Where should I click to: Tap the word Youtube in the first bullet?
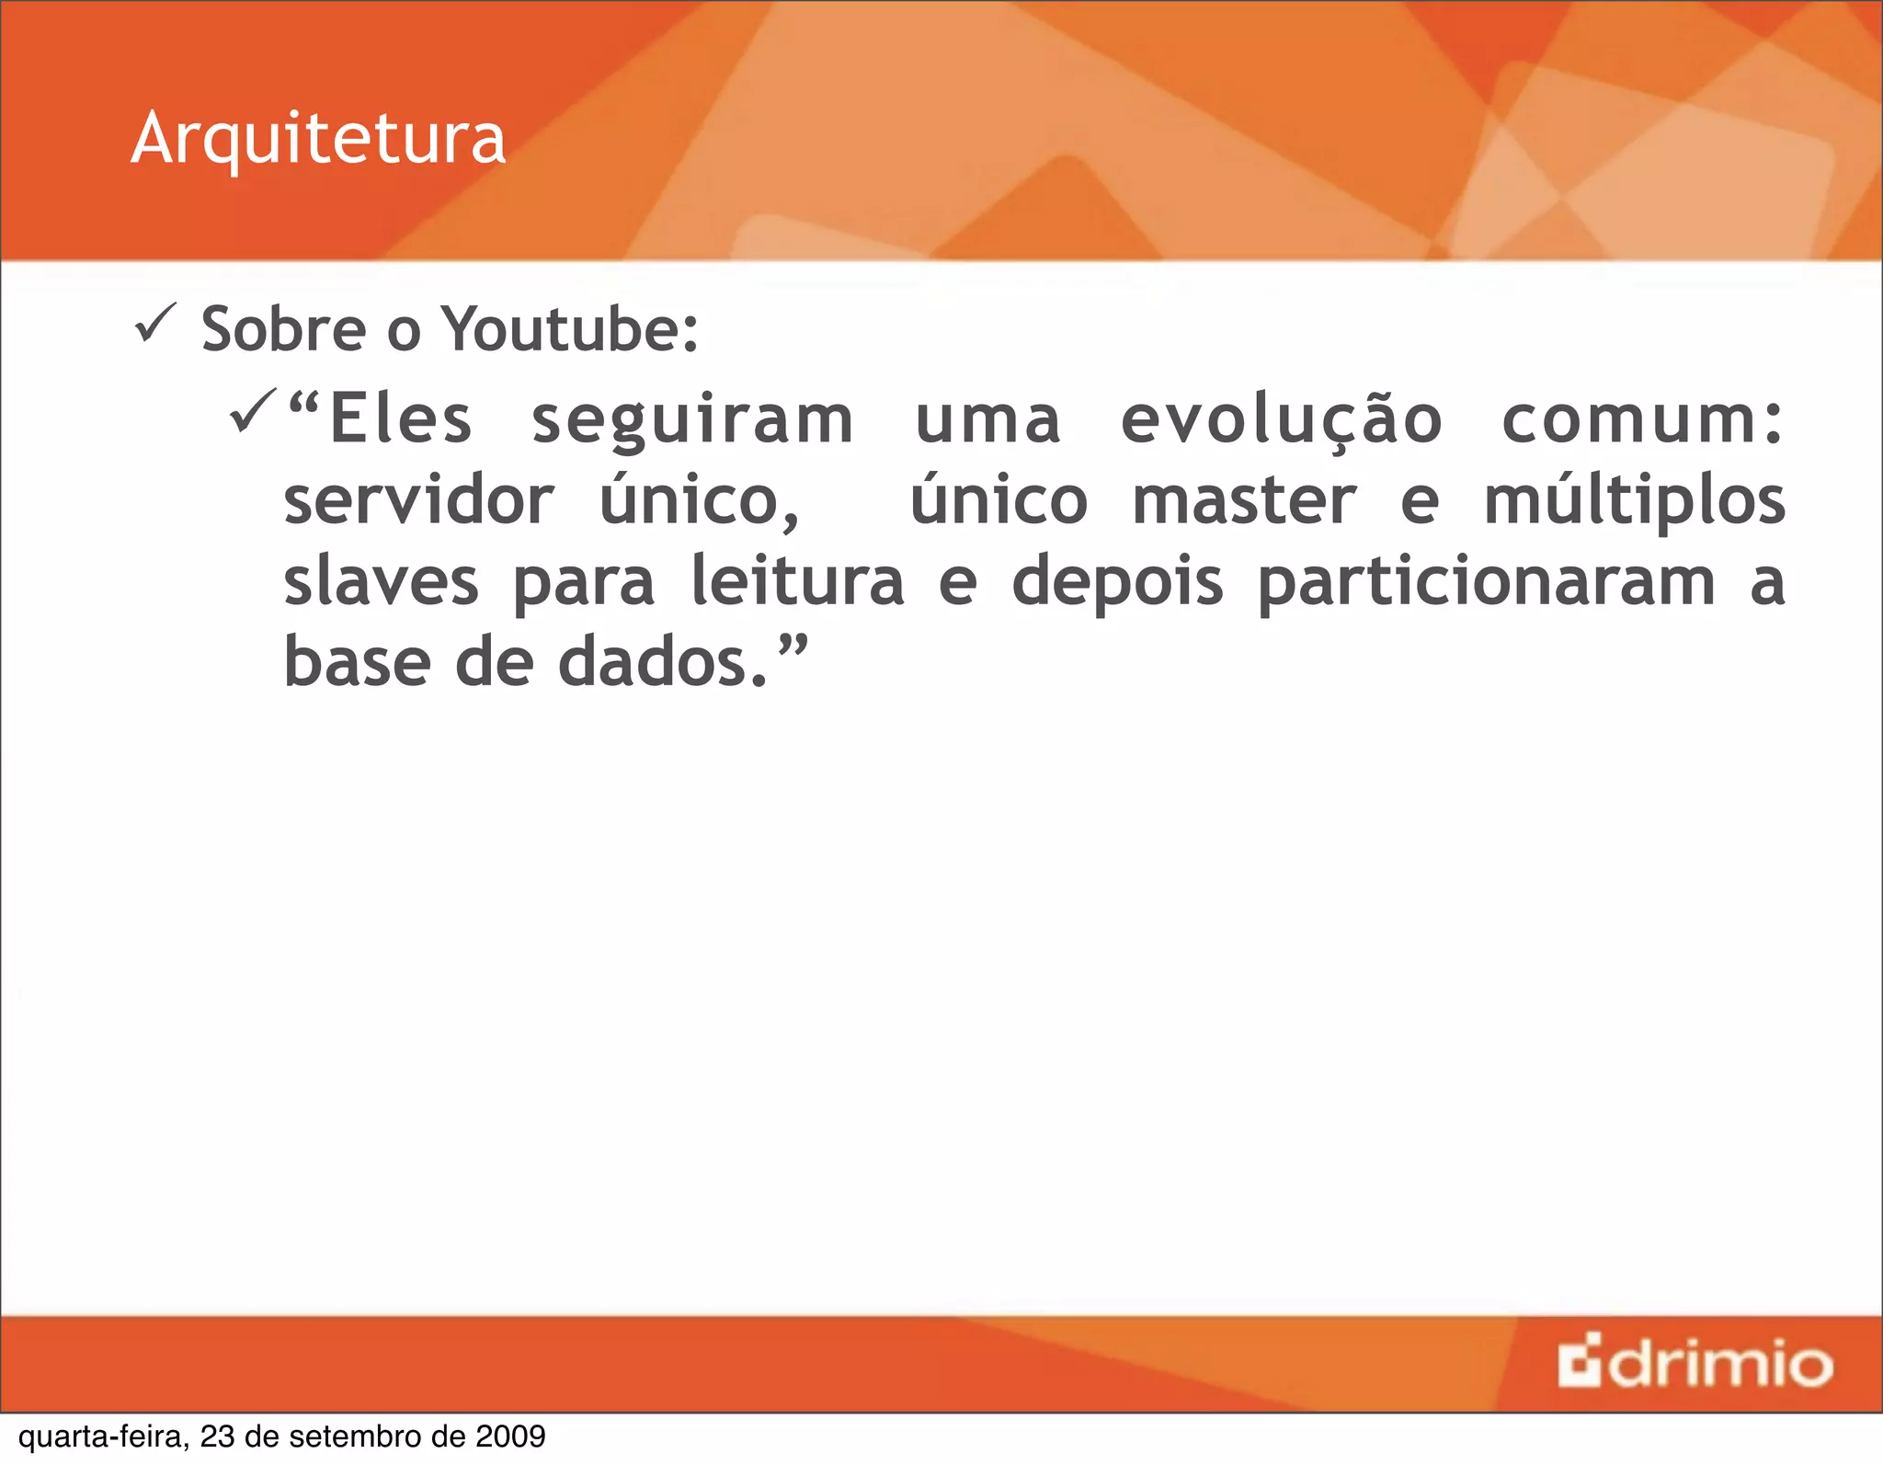pos(570,329)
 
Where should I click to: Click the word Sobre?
pos(284,329)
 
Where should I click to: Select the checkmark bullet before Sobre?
pos(155,324)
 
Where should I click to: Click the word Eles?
pos(400,419)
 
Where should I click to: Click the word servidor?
pos(418,501)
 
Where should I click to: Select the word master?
pos(1244,501)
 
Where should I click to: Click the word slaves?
pos(381,581)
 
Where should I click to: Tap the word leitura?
pos(797,581)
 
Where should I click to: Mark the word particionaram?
pos(1486,583)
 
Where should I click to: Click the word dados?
pos(662,662)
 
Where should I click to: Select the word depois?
pos(1117,583)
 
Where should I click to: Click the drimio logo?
pos(1695,1364)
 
